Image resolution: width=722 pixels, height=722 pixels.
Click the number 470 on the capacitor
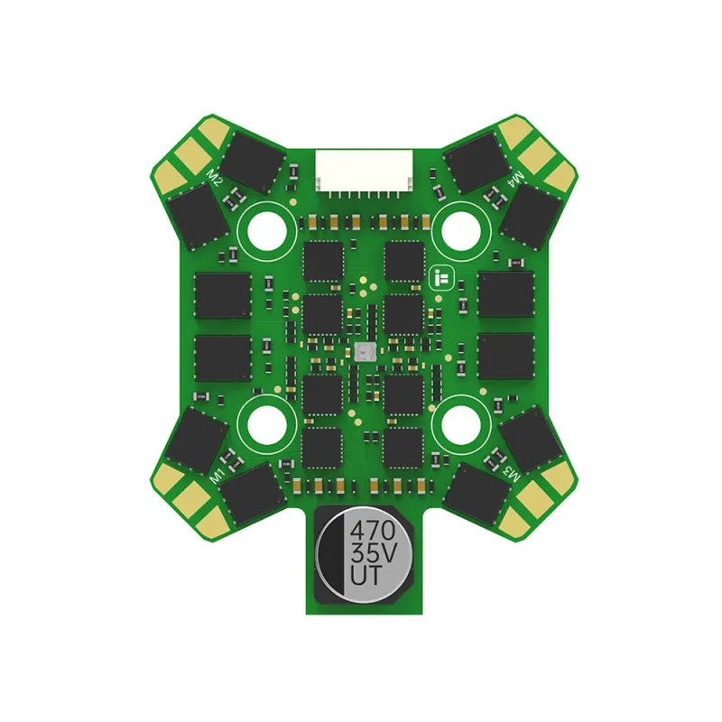click(x=373, y=531)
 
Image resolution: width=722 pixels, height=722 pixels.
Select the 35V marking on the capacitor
click(x=373, y=552)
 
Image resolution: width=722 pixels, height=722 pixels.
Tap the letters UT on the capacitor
click(x=366, y=575)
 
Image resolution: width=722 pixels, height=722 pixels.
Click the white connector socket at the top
click(x=364, y=172)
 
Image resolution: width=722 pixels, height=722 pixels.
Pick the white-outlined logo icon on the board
click(x=441, y=278)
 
